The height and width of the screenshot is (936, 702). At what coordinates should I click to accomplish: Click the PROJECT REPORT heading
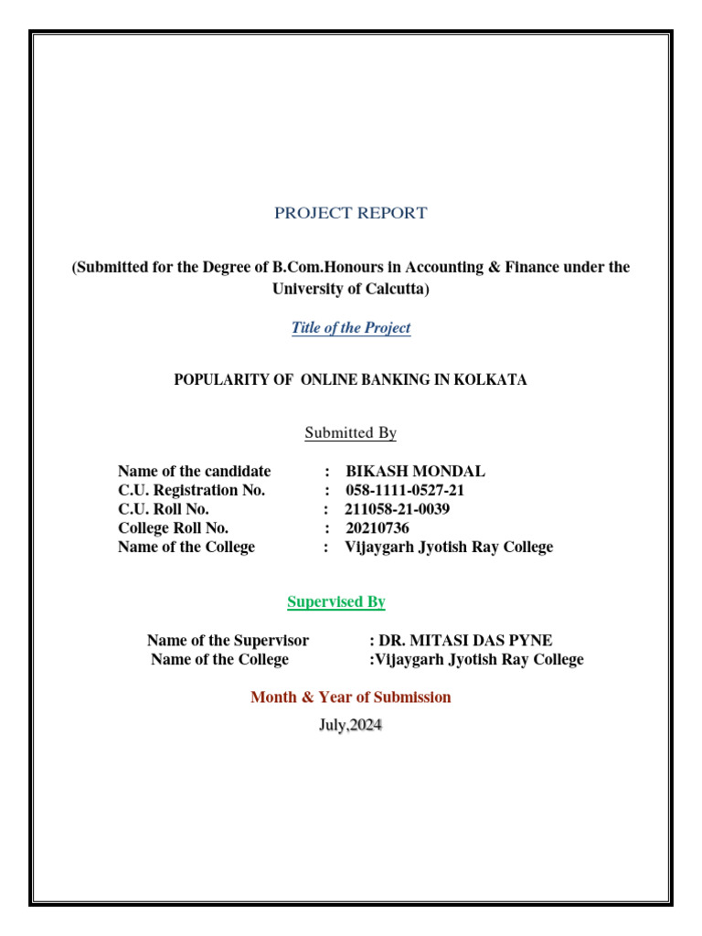click(350, 213)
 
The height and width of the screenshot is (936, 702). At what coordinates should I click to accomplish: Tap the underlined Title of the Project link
click(351, 328)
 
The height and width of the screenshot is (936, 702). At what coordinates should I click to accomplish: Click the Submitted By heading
click(350, 433)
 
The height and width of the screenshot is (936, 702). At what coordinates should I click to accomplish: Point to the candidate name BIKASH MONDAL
click(415, 472)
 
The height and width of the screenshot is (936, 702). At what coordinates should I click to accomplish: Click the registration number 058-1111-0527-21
click(405, 491)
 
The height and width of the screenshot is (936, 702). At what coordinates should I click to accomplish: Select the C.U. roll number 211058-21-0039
click(397, 509)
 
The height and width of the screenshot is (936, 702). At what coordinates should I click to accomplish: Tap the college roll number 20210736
click(378, 528)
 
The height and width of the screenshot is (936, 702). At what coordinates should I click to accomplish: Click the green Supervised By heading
click(336, 602)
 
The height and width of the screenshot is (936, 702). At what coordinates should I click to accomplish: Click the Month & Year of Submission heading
click(351, 697)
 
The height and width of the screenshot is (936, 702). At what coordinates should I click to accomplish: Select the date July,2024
click(350, 727)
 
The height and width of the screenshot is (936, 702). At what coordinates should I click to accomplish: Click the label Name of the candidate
click(195, 472)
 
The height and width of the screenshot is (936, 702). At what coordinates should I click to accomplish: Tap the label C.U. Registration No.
click(192, 491)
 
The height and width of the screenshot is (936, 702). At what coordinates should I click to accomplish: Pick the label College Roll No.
click(174, 528)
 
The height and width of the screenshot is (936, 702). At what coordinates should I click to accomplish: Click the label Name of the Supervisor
click(228, 641)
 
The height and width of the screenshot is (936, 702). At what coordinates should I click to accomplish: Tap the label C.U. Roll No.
click(164, 509)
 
